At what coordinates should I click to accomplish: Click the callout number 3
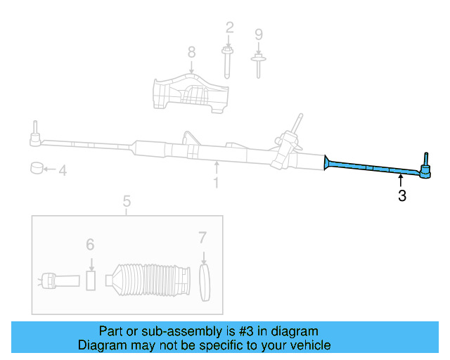(x=401, y=196)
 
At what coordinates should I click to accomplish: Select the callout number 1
(x=217, y=183)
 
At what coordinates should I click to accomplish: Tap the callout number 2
(x=229, y=28)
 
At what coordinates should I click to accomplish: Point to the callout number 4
(x=63, y=170)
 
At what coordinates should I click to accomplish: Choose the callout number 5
(x=127, y=202)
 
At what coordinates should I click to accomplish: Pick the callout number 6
(x=90, y=244)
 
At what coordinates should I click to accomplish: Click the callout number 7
(x=202, y=237)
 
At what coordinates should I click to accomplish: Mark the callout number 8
(x=191, y=51)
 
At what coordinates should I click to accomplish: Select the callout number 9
(x=258, y=34)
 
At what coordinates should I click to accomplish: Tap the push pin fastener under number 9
(x=258, y=63)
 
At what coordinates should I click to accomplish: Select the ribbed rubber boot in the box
(x=148, y=285)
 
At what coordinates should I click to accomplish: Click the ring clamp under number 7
(x=204, y=284)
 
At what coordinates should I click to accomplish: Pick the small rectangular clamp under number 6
(x=90, y=279)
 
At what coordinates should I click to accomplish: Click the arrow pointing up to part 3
(x=401, y=182)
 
